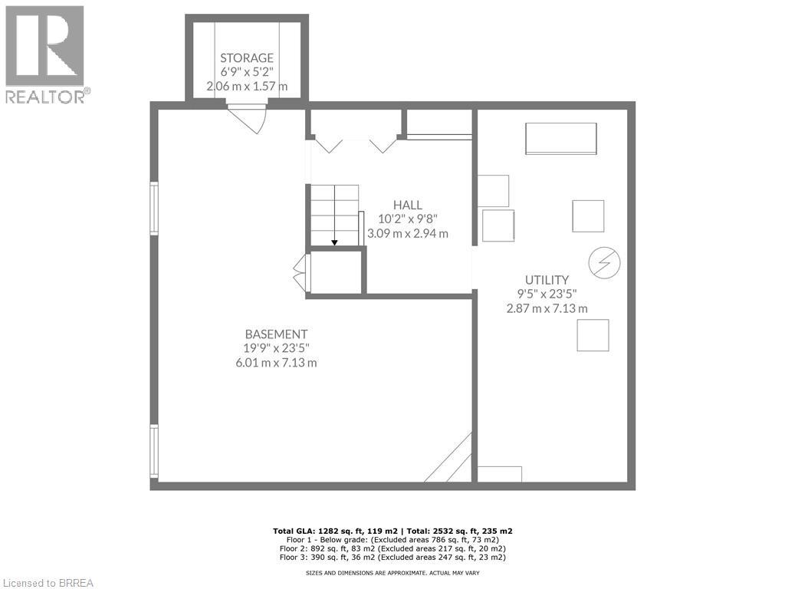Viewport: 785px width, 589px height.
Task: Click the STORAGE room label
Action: coord(247,58)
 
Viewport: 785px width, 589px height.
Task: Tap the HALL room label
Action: coord(408,205)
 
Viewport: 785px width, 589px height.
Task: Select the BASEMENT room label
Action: coord(276,334)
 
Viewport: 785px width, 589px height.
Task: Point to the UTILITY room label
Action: coord(547,280)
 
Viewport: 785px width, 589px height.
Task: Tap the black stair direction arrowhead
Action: coord(335,243)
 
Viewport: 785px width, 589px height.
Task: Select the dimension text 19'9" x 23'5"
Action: coord(276,348)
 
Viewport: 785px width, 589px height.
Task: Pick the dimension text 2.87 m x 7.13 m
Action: coord(547,308)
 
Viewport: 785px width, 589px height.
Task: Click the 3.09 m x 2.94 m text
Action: coord(408,233)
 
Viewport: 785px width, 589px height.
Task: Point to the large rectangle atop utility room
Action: coord(560,139)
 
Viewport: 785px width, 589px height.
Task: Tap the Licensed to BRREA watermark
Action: coord(48,582)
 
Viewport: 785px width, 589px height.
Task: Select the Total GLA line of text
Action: coord(392,531)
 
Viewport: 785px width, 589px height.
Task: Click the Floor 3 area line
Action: coord(392,558)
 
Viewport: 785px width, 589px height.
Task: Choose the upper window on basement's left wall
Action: coord(154,207)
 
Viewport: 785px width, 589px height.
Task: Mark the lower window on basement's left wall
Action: coord(154,452)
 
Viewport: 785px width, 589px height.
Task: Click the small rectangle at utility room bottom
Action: coord(499,474)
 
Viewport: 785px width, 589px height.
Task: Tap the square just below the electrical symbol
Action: coord(593,335)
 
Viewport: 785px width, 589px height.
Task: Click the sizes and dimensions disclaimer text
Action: coord(392,573)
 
